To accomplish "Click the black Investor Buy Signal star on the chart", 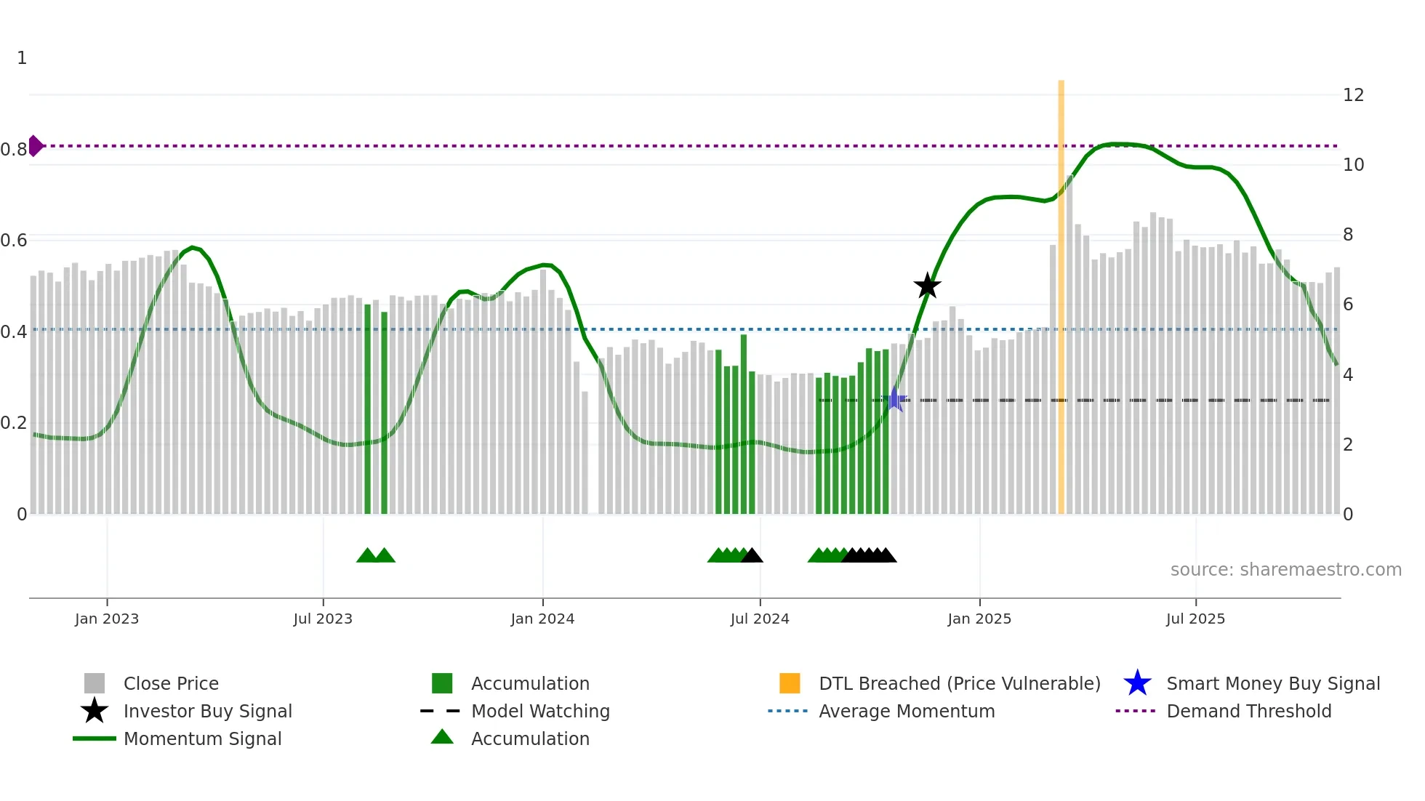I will (927, 286).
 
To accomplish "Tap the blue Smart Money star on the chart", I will (895, 400).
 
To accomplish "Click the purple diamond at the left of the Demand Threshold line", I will (35, 146).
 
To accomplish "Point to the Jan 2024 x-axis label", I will (542, 619).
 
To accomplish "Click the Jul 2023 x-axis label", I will (323, 619).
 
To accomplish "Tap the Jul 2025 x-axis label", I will (1195, 619).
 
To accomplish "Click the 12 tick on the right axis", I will (1353, 95).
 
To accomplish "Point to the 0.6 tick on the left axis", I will (14, 241).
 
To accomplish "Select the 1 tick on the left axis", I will (22, 58).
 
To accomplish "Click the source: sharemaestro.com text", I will (1285, 570).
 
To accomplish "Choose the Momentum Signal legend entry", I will (202, 738).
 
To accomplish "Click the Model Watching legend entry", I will (540, 711).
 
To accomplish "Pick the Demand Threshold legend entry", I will (1248, 711).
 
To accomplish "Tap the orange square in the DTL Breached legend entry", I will (790, 683).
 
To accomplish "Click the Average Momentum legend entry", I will (906, 711).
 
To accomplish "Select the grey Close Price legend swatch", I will (95, 683).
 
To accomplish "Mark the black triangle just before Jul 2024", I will (752, 556).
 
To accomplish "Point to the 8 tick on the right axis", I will (1348, 235).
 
